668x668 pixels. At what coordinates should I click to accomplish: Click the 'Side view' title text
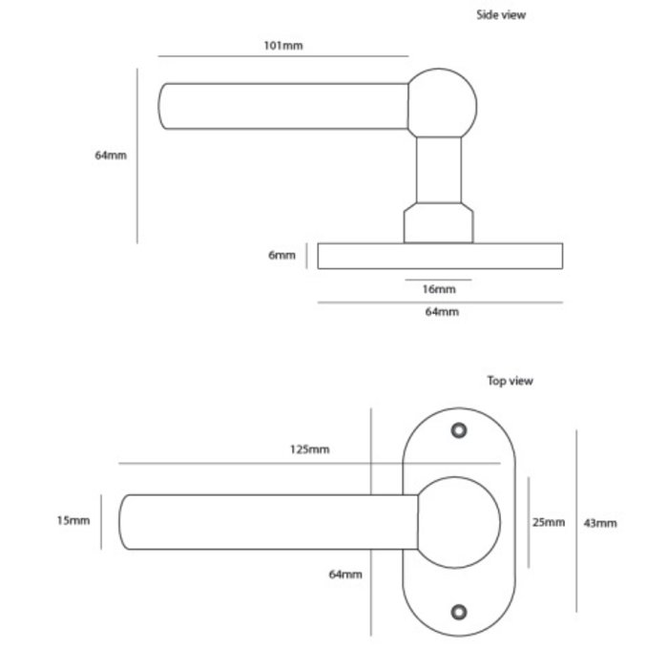(501, 15)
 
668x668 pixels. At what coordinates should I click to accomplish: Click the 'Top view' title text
(511, 381)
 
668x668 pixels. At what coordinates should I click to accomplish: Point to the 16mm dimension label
(439, 288)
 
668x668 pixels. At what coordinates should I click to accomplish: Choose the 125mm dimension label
(311, 449)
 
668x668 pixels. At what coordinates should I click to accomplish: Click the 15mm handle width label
(73, 520)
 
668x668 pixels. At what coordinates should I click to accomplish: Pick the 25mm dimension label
(550, 522)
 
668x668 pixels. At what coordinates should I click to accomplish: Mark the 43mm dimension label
(601, 522)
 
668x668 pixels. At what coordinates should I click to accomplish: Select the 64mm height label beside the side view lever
(111, 155)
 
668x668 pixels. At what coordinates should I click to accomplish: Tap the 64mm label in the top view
(344, 574)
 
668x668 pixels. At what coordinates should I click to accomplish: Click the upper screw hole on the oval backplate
(460, 431)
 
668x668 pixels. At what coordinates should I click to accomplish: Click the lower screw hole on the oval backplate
(460, 611)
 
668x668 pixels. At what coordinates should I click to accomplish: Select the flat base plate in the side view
(440, 256)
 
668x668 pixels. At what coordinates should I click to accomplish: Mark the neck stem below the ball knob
(441, 172)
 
